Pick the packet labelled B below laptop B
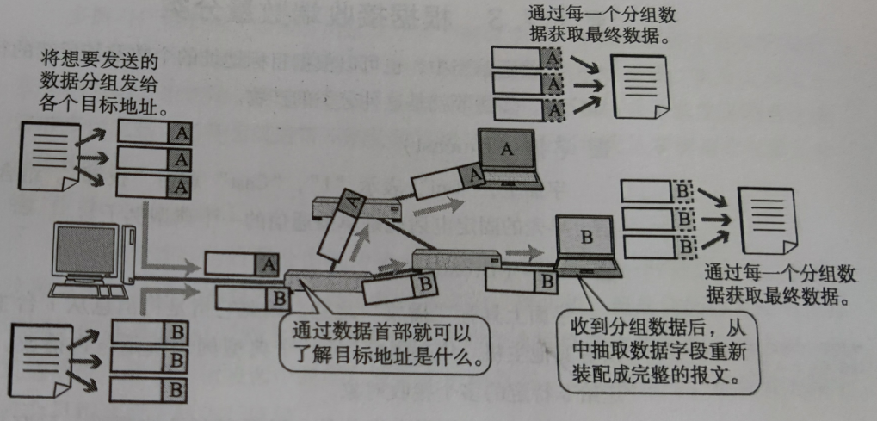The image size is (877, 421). (520, 281)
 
